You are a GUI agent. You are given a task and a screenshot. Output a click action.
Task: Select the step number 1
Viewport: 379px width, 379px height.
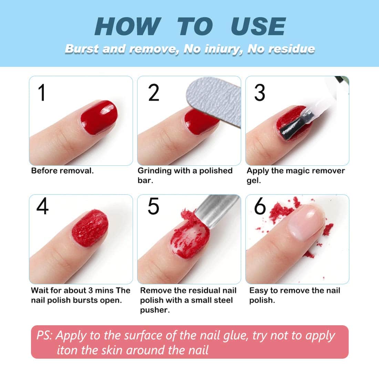click(42, 93)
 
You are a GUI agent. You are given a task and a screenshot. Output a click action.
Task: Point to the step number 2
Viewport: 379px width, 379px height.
click(154, 93)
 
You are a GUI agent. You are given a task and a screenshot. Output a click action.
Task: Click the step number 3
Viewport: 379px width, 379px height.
click(259, 93)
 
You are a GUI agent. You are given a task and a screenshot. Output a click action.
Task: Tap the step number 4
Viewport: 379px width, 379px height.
click(42, 207)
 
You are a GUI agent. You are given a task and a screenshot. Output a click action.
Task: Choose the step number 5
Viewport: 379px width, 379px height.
click(154, 207)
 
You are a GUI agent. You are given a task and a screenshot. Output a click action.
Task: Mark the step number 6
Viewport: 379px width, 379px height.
click(260, 207)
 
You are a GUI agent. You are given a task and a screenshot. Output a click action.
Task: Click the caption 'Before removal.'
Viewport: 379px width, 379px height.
click(62, 171)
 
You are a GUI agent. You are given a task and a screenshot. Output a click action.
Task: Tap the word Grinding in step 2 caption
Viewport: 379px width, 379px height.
click(154, 171)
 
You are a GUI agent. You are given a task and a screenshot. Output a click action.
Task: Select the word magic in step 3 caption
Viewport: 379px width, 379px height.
click(295, 171)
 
